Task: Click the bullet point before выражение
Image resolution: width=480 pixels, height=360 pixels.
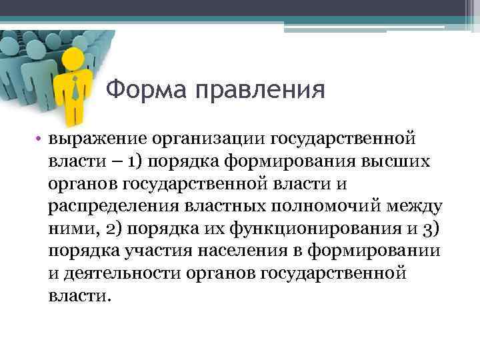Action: (x=40, y=139)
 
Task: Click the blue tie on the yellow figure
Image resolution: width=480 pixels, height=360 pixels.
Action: (x=75, y=88)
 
